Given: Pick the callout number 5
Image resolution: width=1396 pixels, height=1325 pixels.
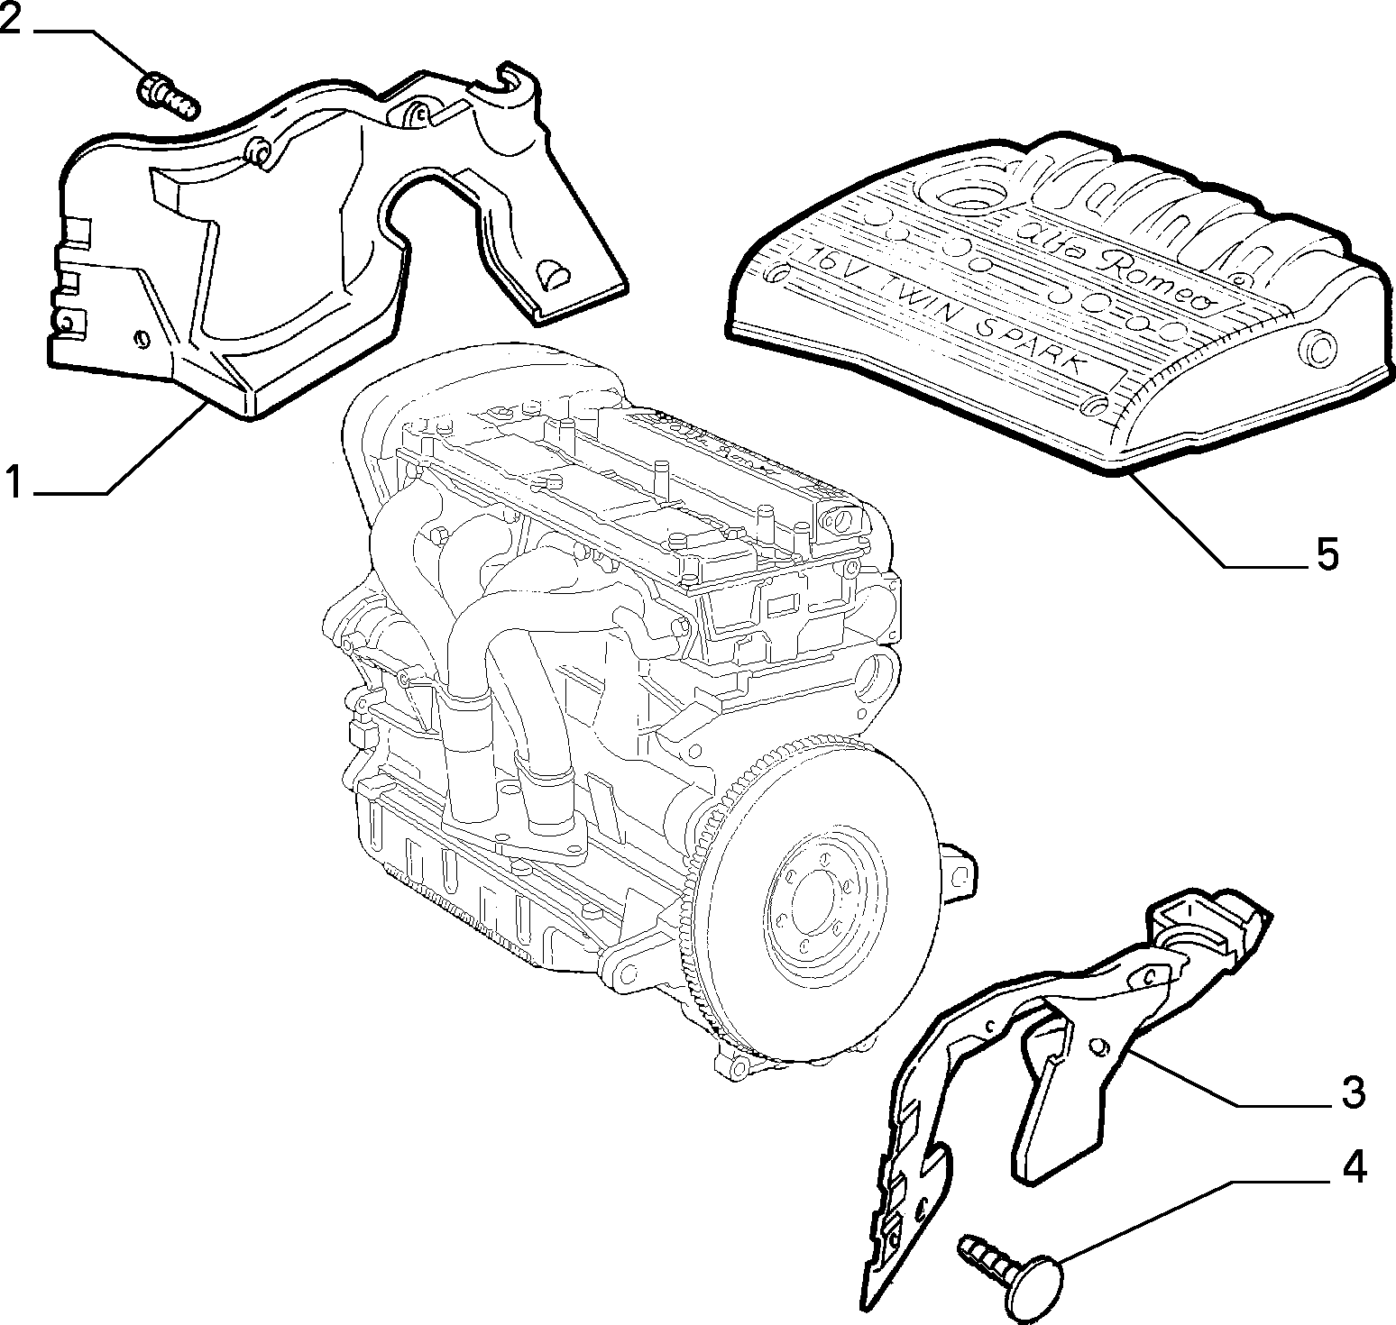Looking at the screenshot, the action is [x=1327, y=554].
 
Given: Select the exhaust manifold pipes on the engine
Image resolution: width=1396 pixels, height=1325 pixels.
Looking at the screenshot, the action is [x=505, y=685].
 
